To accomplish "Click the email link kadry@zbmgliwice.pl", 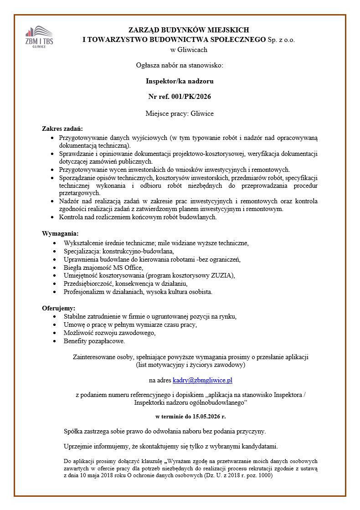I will coord(202,380).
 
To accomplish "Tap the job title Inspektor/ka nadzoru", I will coord(180,81).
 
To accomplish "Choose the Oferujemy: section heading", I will coord(59,308).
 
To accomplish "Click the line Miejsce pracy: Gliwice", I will coord(180,113).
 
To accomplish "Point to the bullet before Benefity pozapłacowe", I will coord(55,341).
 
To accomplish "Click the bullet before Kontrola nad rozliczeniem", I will coord(54,217).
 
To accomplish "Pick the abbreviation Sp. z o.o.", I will coord(281,40).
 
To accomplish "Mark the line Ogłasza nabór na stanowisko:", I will coord(180,65).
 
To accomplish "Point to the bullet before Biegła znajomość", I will coord(55,267).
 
